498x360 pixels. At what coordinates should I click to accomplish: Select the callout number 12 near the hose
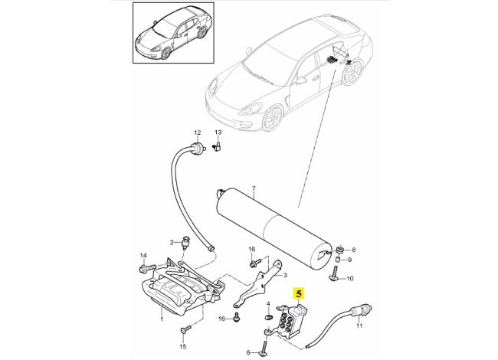tap(196, 133)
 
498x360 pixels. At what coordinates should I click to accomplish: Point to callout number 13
tap(217, 133)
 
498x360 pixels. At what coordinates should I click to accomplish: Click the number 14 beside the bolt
tap(143, 255)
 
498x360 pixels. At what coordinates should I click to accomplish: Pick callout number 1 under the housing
tap(162, 314)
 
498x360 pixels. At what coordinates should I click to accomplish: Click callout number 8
tap(352, 250)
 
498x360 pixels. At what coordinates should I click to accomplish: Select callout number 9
tap(352, 260)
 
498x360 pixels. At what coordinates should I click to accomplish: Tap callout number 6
tap(248, 352)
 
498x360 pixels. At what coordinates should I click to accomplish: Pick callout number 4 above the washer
tap(268, 305)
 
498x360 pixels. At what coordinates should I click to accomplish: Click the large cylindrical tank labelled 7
tap(277, 218)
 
